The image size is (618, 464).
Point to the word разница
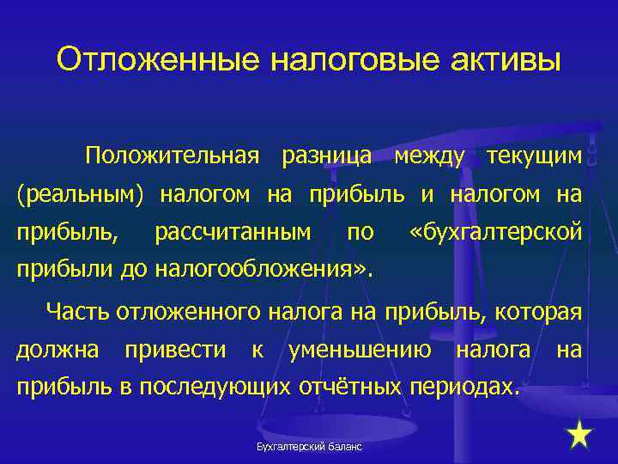pos(326,156)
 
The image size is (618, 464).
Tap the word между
pos(431,156)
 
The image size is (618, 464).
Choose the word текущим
pos(534,156)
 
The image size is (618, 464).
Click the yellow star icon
pos(580,435)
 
